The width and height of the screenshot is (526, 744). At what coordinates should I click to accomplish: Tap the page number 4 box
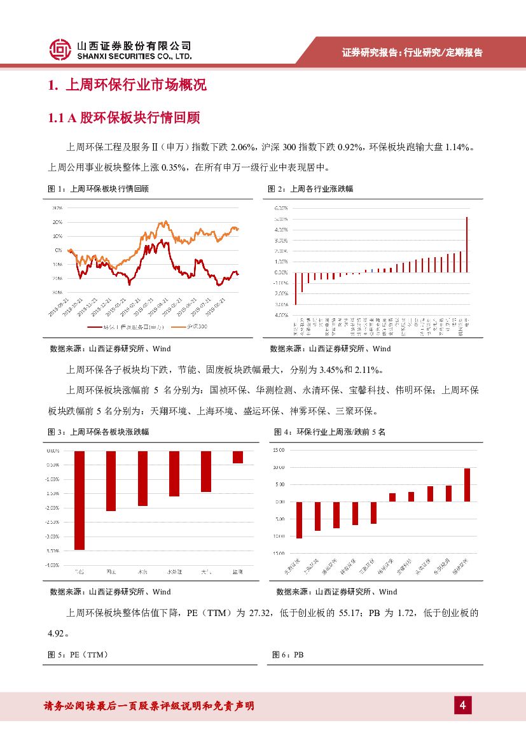462,705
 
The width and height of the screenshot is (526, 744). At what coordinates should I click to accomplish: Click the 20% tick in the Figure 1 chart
57,222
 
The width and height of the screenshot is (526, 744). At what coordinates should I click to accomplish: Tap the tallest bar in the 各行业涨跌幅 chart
467,244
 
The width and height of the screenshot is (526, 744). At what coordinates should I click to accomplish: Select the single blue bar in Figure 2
366,270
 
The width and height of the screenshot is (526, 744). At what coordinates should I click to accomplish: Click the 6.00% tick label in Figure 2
281,208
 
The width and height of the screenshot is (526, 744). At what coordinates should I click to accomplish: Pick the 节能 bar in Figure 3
80,500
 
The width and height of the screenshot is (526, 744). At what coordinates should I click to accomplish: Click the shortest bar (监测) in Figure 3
237,457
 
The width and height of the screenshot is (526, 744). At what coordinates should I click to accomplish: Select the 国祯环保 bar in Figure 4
467,485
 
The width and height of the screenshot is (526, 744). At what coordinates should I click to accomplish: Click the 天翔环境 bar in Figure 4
299,519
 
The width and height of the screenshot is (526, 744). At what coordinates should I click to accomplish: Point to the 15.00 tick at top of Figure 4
279,450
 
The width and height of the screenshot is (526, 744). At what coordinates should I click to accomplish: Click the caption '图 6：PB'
288,654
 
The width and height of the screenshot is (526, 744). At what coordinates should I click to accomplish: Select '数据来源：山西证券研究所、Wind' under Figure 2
331,349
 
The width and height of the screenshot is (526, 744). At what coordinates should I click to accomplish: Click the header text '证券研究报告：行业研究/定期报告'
412,53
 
